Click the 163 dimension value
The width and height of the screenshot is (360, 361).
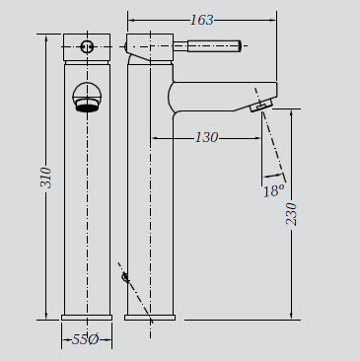[202, 20]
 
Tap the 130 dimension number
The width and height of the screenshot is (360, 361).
[206, 137]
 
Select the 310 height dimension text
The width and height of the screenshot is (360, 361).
[46, 178]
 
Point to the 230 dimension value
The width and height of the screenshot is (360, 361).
[291, 214]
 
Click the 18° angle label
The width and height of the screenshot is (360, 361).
[273, 190]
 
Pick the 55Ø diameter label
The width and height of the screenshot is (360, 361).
[85, 339]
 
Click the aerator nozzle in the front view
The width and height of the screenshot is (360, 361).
[87, 107]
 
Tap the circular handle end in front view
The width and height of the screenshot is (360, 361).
[87, 46]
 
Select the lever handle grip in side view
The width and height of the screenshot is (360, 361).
[214, 45]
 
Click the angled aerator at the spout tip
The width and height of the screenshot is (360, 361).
[261, 106]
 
